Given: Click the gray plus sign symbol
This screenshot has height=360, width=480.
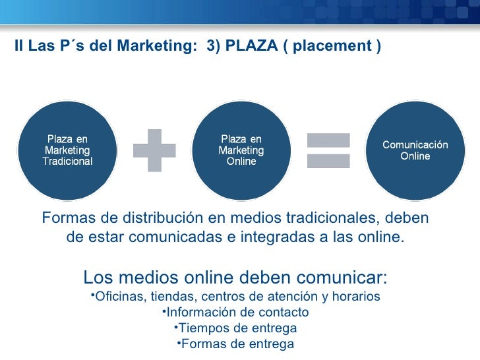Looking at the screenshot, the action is (155, 150).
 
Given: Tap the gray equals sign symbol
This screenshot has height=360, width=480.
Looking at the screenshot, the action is (328, 150).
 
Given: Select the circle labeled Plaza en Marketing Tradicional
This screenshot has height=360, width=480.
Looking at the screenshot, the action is (67, 150).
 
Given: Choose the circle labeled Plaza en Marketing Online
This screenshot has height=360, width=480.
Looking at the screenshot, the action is (241, 150).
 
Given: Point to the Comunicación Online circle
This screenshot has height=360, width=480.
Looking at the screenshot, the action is (415, 150).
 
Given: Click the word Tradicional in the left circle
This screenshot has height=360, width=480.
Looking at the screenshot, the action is (67, 162).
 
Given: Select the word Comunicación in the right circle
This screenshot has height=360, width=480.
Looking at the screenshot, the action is (415, 145).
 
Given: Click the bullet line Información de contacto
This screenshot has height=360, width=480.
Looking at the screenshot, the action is (235, 312).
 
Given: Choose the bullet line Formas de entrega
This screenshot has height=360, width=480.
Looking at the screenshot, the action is (235, 344).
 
